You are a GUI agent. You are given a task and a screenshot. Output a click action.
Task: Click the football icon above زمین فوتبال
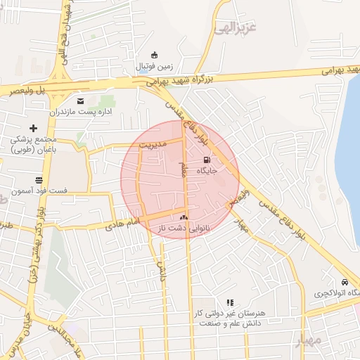155,56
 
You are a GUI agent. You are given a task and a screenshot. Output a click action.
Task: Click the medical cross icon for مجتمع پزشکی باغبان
33,128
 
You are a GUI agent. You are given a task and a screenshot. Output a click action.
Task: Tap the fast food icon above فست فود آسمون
37,180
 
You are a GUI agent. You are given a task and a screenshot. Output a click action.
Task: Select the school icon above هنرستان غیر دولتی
229,302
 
